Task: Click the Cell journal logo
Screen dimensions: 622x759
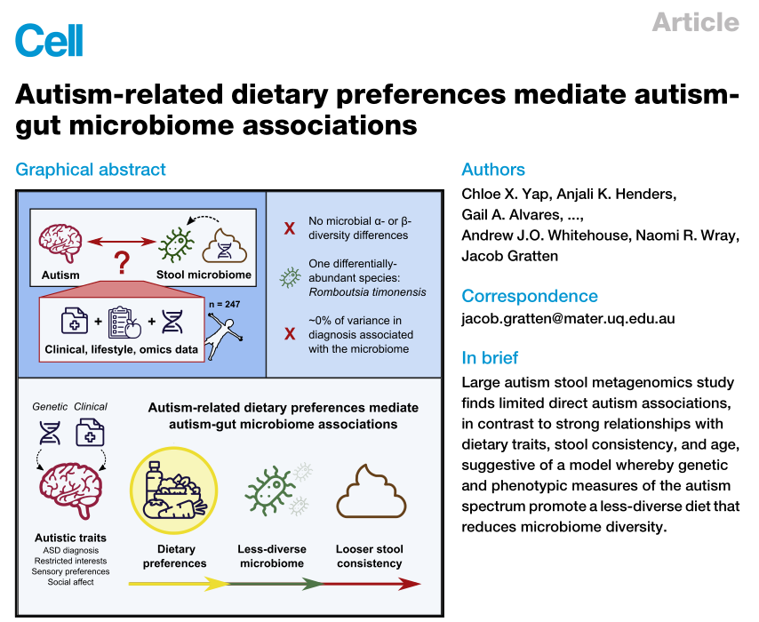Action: point(50,40)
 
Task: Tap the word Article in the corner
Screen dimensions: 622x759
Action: point(695,21)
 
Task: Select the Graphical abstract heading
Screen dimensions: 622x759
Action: point(91,170)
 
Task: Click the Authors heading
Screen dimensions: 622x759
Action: point(493,170)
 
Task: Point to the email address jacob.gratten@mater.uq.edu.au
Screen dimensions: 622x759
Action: point(568,318)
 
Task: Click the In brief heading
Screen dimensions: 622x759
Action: point(491,358)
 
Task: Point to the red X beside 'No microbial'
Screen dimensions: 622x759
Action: point(290,228)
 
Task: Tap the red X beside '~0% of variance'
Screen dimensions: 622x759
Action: point(290,334)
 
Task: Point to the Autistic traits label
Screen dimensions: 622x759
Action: point(70,538)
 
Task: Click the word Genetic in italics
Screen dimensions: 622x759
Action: point(50,406)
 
